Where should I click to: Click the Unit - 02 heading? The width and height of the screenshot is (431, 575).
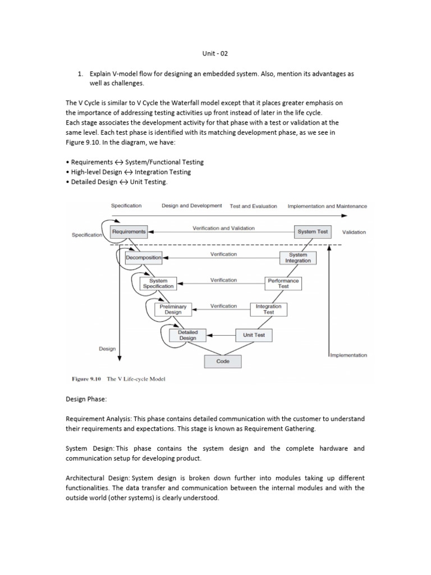tap(215, 53)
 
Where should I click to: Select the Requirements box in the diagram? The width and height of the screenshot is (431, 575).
tap(129, 231)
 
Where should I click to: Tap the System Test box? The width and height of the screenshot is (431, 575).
tap(313, 231)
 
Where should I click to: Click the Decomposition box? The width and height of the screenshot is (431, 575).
tap(143, 258)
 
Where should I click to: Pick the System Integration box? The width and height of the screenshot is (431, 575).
tap(298, 258)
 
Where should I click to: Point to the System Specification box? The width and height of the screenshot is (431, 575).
tap(158, 284)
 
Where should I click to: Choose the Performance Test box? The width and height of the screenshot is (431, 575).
tap(283, 284)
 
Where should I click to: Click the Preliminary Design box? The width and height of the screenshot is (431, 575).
tap(173, 309)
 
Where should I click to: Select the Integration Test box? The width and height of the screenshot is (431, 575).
tap(269, 309)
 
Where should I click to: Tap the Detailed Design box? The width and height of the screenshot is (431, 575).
tap(187, 335)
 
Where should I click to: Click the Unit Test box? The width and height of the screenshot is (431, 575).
tap(254, 335)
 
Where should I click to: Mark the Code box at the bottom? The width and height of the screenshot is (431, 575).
tap(223, 362)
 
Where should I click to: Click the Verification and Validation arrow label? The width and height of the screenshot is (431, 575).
tap(223, 228)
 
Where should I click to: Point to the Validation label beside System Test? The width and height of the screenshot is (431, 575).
tap(354, 232)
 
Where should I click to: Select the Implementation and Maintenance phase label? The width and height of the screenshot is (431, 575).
tap(327, 206)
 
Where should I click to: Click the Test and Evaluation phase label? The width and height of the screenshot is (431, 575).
tap(253, 206)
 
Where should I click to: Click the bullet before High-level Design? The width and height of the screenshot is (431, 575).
tap(67, 172)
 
